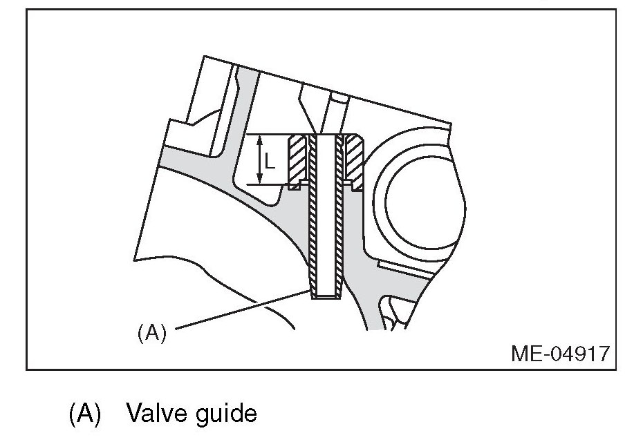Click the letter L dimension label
(x=270, y=163)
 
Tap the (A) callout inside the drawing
(x=151, y=334)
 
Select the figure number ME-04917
(x=560, y=354)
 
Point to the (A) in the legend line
(x=85, y=414)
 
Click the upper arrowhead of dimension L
(x=260, y=139)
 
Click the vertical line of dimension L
(x=260, y=160)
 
